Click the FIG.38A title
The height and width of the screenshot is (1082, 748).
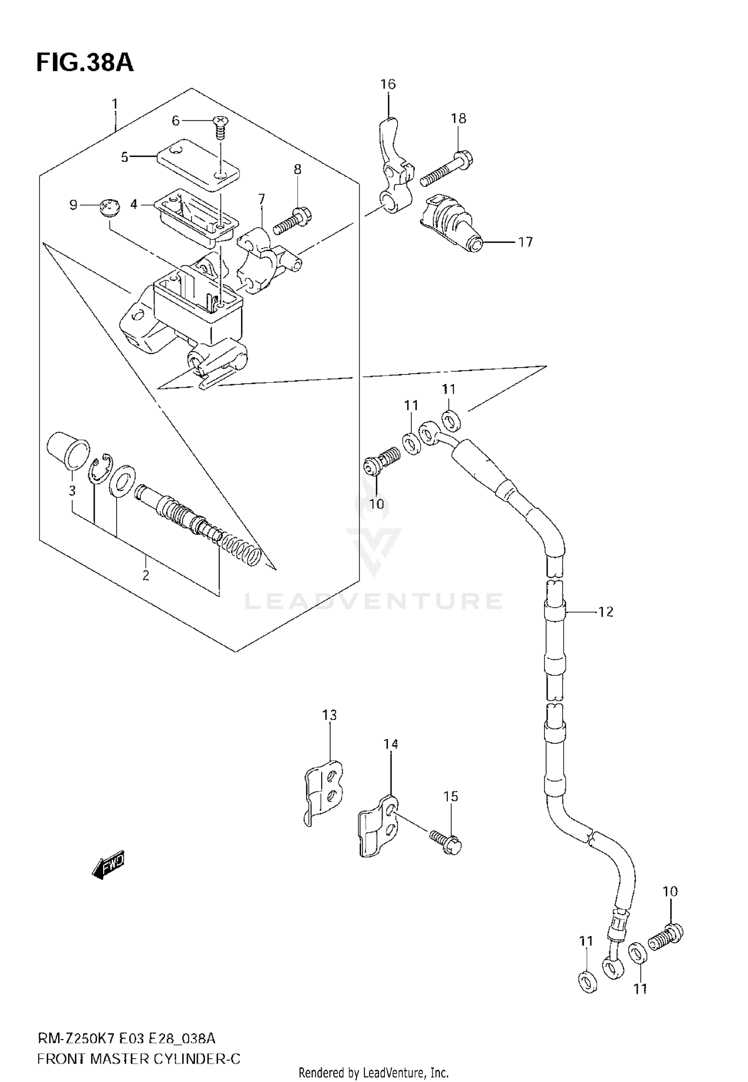coord(85,63)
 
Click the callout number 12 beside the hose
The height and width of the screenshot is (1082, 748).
coord(605,612)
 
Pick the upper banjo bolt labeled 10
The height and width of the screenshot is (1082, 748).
coord(381,461)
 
